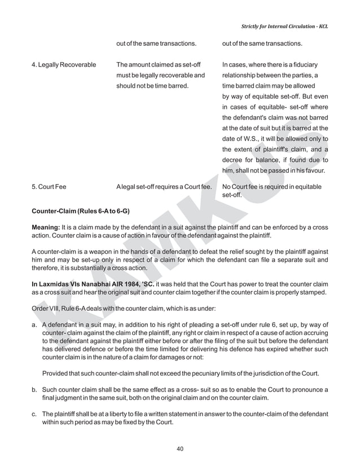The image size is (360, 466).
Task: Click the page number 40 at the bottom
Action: tap(180, 449)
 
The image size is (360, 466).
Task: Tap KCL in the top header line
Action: tap(323, 26)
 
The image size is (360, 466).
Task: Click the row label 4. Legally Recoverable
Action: tap(64, 65)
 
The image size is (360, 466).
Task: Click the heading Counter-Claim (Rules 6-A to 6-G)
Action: tap(81, 211)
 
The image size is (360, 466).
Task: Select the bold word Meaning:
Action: tap(45, 227)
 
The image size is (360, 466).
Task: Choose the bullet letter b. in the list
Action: tap(35, 389)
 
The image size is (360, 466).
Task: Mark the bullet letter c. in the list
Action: tap(35, 414)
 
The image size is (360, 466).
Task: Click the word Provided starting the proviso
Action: tap(56, 373)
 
